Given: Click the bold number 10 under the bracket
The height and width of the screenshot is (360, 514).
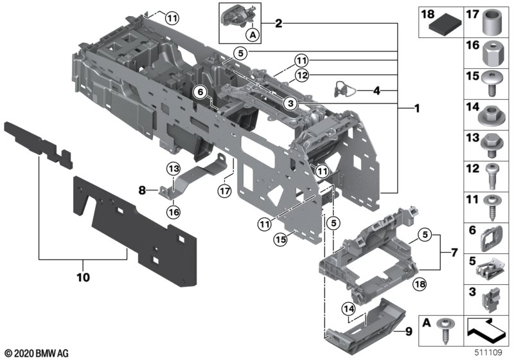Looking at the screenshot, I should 84,278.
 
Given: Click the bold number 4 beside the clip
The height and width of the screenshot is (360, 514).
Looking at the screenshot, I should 377,91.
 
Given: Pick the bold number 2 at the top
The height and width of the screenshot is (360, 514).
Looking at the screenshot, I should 278,24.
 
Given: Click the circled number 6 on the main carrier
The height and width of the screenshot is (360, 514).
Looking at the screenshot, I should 201,93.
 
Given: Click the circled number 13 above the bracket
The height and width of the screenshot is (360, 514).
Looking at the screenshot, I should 172,168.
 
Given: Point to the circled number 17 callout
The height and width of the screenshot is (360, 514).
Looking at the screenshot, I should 223,190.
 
